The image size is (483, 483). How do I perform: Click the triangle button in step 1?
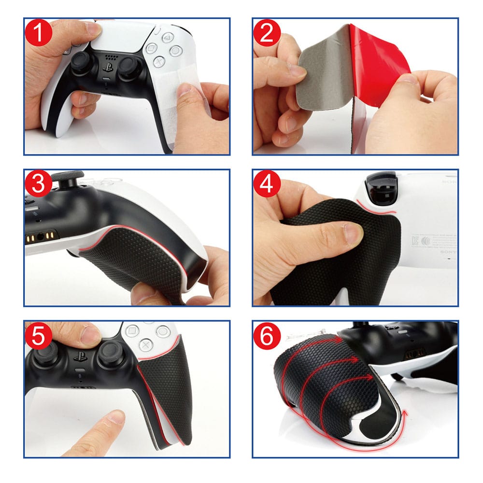(x=166, y=37)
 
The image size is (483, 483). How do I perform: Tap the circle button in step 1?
(x=175, y=50)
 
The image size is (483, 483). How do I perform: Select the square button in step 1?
(x=151, y=48)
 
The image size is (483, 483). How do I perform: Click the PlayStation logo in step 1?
(x=107, y=68)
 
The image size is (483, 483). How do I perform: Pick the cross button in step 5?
(x=144, y=344)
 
